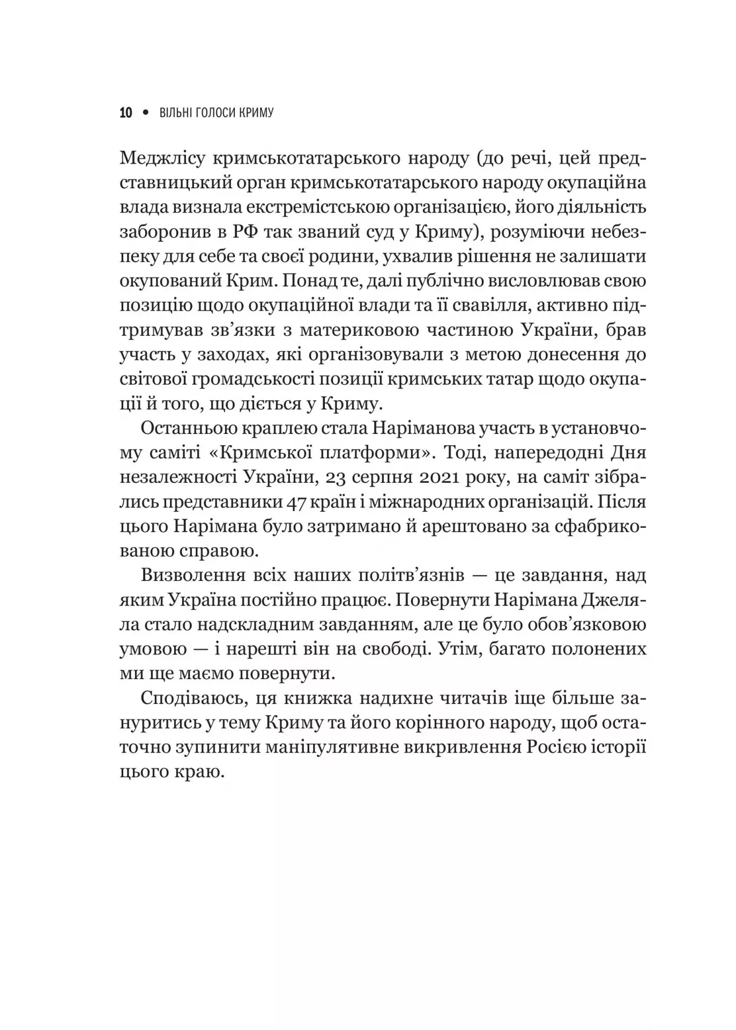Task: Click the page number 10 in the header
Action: click(126, 113)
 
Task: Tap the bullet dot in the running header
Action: click(145, 113)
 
